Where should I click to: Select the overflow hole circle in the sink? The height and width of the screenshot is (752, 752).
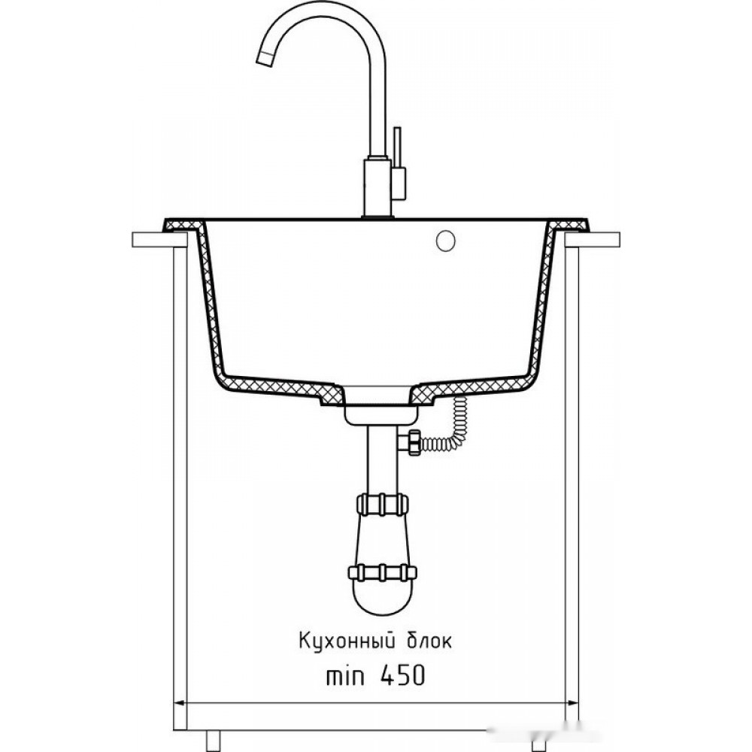(445, 241)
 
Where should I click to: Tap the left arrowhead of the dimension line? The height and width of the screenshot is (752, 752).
(179, 703)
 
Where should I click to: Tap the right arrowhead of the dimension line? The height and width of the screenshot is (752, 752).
(572, 703)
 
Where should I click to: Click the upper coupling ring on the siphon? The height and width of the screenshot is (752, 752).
(382, 505)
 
